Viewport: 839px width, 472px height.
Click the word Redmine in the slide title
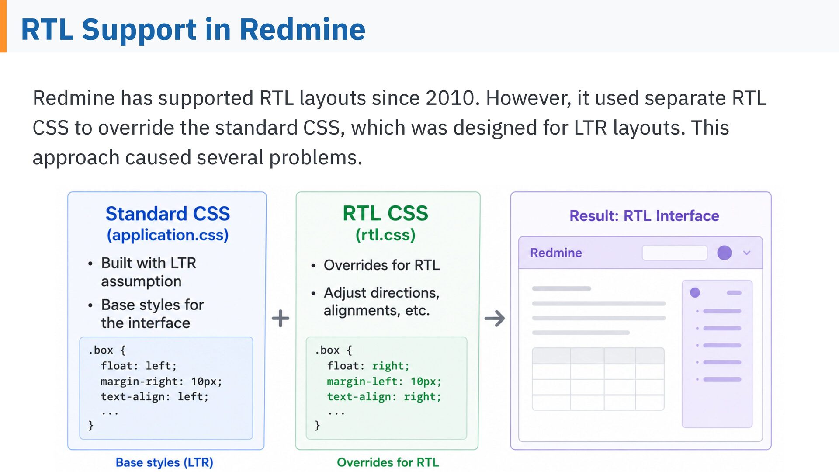[x=302, y=30]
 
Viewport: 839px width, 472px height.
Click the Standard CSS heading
[x=167, y=214]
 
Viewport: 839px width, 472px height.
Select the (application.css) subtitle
[x=168, y=235]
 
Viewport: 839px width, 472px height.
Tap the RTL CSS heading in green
[x=385, y=213]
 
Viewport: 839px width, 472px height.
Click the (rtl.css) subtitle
[x=385, y=235]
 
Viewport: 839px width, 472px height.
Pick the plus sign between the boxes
[x=281, y=318]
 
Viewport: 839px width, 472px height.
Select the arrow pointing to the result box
[x=495, y=318]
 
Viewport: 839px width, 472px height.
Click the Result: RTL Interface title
[x=644, y=215]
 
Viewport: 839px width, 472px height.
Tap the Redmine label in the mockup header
[x=556, y=253]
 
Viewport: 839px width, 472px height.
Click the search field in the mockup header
[x=675, y=253]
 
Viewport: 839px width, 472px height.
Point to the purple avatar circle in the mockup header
[x=725, y=253]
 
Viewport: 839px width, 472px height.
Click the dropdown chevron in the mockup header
[x=747, y=253]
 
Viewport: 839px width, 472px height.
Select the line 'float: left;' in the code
[x=139, y=366]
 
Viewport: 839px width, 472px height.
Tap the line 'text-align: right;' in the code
[x=384, y=397]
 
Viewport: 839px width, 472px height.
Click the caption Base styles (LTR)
[x=164, y=462]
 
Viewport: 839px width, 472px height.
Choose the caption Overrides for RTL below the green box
[x=388, y=462]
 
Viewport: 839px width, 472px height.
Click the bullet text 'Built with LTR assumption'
[x=149, y=272]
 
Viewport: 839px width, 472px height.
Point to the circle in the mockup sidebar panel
[x=695, y=292]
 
